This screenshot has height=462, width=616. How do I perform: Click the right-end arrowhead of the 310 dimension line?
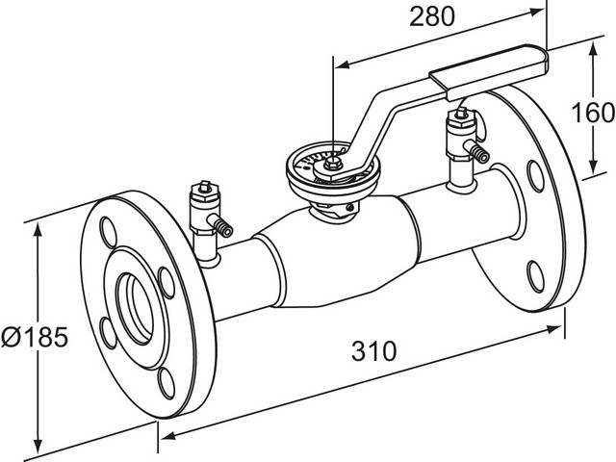[559, 328]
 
